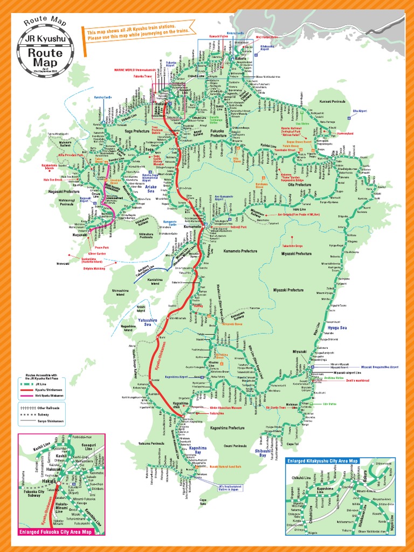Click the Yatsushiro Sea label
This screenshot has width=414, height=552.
[147, 322]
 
